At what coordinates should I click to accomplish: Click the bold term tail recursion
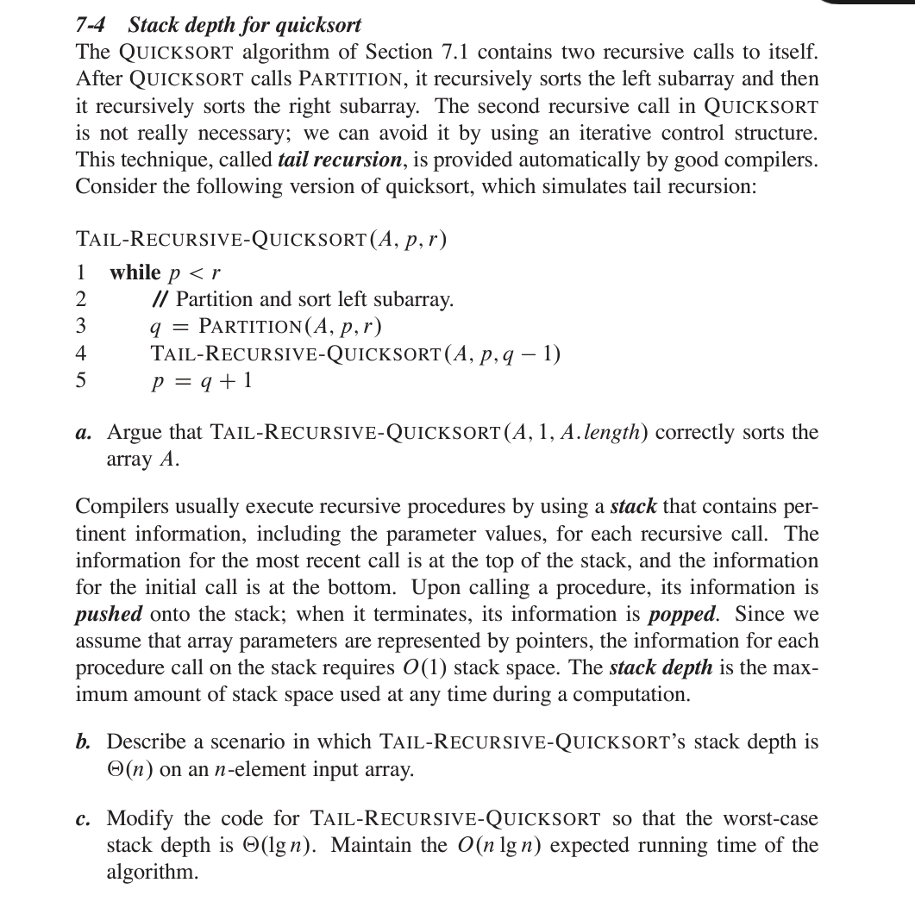click(341, 160)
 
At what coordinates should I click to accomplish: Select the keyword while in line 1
click(135, 273)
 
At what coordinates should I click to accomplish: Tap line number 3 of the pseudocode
click(81, 327)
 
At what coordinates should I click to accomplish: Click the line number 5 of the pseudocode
click(81, 380)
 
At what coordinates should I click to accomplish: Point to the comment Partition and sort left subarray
click(302, 300)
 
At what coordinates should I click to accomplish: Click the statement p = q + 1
click(202, 380)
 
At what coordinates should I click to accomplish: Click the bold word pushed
click(109, 615)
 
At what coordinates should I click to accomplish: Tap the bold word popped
click(681, 615)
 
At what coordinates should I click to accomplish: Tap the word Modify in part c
click(139, 818)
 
